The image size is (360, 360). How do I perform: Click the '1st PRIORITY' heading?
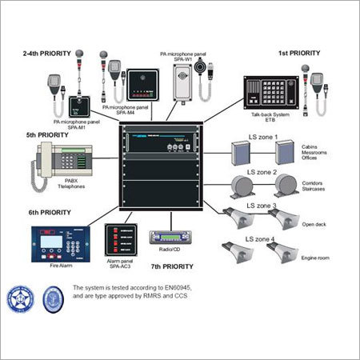[x=299, y=54]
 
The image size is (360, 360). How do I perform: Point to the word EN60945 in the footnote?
[x=178, y=286]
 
